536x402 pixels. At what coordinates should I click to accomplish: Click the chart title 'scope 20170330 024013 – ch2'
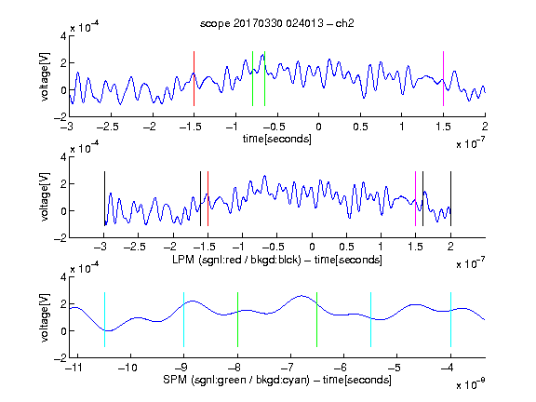coord(277,23)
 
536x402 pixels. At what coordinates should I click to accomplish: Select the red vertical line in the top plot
coord(194,78)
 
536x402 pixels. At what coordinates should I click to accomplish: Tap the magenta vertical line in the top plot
coord(443,78)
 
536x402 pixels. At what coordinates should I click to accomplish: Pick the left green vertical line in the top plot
coord(252,78)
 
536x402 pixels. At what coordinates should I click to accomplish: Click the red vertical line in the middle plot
coord(208,198)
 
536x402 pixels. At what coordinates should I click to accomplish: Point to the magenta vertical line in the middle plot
coord(415,198)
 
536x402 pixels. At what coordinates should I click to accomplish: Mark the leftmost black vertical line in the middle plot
coord(104,198)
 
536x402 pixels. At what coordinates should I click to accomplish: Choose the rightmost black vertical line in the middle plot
coord(450,198)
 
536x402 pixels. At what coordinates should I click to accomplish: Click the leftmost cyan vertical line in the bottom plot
coord(104,319)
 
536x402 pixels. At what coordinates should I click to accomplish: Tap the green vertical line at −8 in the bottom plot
coord(237,319)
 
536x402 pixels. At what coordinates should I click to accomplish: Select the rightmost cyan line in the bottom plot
coord(450,319)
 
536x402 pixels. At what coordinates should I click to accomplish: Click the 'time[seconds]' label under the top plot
coord(277,139)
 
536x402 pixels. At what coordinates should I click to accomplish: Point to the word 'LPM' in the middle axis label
coord(183,260)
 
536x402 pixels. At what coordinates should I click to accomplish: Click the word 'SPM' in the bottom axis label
coord(175,380)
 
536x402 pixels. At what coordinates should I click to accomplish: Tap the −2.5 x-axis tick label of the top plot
coord(108,127)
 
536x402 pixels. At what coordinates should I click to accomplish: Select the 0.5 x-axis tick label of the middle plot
coord(347,247)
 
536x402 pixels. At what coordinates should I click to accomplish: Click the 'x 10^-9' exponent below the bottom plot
coord(471,383)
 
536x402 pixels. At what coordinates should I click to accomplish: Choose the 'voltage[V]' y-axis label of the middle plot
coord(45,197)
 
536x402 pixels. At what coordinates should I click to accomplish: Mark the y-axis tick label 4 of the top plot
coord(63,36)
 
